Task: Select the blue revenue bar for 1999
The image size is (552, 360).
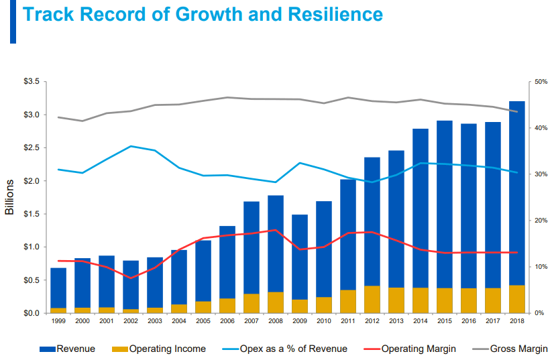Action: (x=58, y=288)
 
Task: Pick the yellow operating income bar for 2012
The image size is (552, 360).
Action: (x=372, y=299)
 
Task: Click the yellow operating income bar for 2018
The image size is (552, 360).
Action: (x=517, y=299)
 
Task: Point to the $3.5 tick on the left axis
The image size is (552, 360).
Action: (x=32, y=82)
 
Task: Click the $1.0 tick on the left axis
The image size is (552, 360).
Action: (x=32, y=247)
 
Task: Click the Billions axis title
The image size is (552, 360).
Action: (x=9, y=197)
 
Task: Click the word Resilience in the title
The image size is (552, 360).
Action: (x=333, y=15)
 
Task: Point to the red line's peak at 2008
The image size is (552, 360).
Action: (x=276, y=230)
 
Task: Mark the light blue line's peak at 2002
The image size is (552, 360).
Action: (x=131, y=146)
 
